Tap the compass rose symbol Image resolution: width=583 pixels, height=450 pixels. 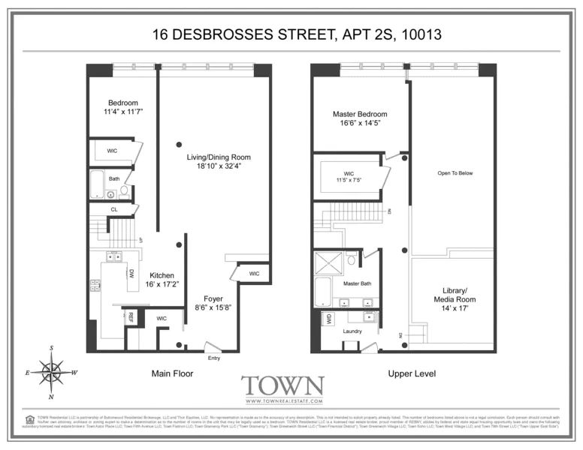click(x=52, y=371)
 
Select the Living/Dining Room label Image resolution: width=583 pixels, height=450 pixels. click(x=219, y=157)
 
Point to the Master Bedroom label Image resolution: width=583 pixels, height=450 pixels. click(x=360, y=115)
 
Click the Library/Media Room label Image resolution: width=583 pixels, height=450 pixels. click(x=455, y=294)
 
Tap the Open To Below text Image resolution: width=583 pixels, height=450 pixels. click(x=455, y=173)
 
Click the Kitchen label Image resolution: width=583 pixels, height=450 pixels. click(x=162, y=275)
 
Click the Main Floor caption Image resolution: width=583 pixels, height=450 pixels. click(x=173, y=373)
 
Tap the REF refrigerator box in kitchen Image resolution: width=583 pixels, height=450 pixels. click(x=131, y=316)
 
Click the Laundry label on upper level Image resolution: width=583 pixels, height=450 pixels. click(x=353, y=331)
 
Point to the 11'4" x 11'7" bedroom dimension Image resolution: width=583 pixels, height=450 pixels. click(x=123, y=112)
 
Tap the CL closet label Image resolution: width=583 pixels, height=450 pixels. click(x=114, y=210)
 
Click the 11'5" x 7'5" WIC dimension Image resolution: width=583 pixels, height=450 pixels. click(x=349, y=181)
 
